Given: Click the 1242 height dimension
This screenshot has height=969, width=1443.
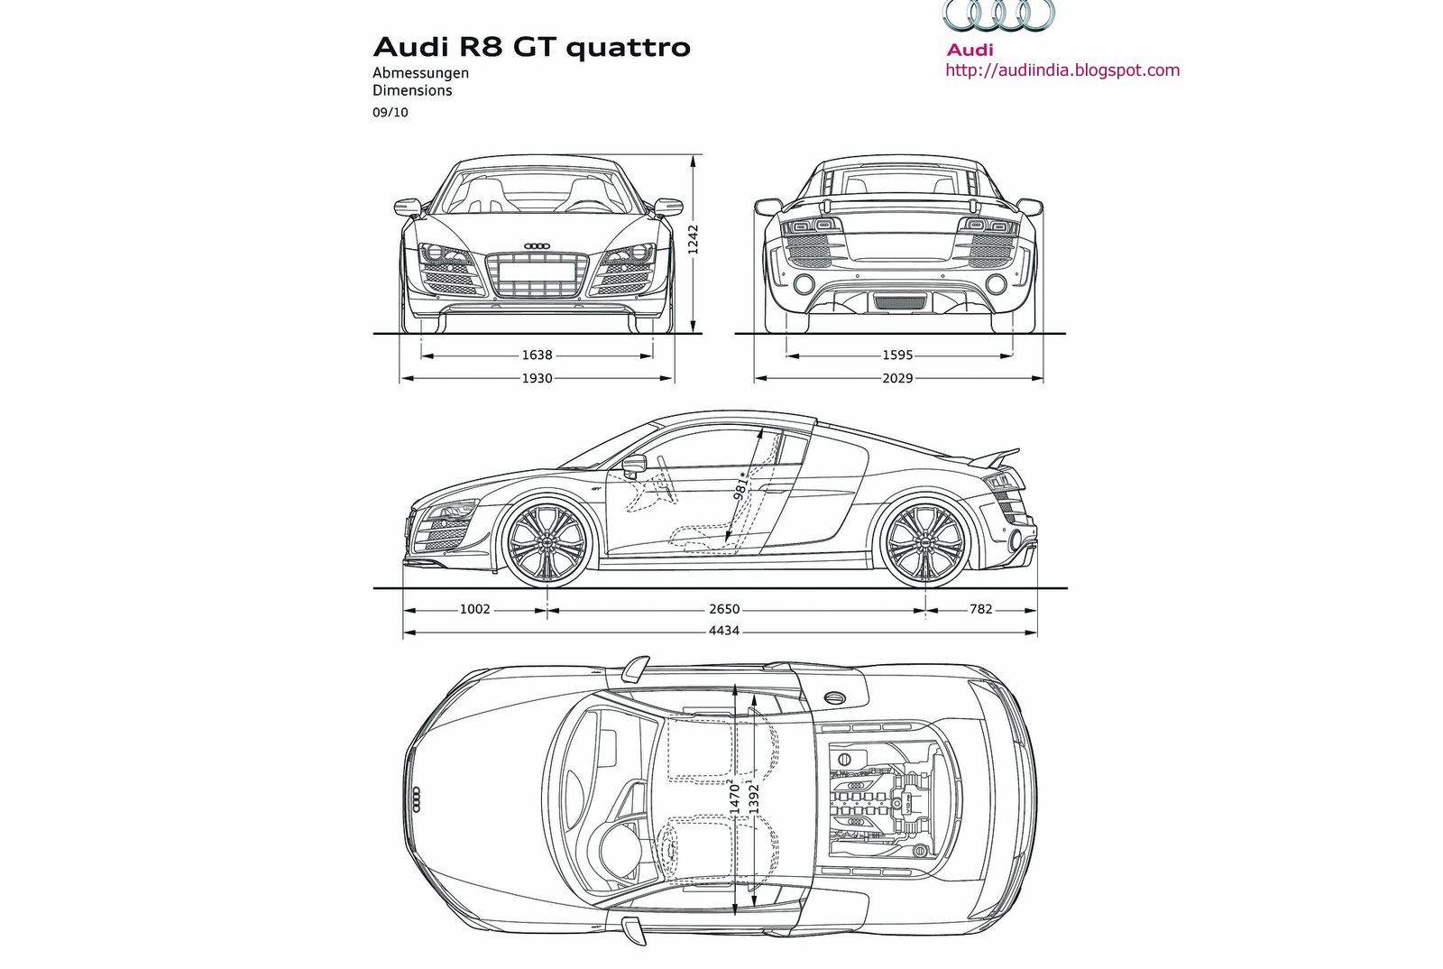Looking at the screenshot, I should pos(693,241).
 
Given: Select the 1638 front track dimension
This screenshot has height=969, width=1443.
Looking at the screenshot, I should pos(537,355).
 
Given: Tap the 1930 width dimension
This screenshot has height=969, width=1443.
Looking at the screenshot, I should pos(537,378).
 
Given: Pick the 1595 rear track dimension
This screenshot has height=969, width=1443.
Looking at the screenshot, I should pos(897,355).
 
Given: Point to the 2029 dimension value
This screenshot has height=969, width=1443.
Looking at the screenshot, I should pos(897,378).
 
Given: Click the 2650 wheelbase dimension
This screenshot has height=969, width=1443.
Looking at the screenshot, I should pos(724,609).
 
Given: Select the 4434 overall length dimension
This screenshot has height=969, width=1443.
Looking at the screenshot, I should pos(724,631).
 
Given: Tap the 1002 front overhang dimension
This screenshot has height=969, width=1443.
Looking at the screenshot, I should pos(474,609).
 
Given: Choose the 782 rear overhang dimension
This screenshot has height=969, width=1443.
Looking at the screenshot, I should pos(980,609).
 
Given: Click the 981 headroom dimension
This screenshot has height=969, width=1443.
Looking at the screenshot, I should pos(741,485).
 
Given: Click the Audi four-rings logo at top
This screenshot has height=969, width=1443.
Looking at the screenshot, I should pos(998,16).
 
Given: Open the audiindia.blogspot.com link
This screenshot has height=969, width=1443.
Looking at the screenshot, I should pos(1062,70).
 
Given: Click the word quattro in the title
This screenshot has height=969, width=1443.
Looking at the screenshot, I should pos(628,46).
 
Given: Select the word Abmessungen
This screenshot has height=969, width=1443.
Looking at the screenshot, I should pos(421,73).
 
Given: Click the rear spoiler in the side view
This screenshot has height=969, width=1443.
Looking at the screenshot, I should pos(996,457).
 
